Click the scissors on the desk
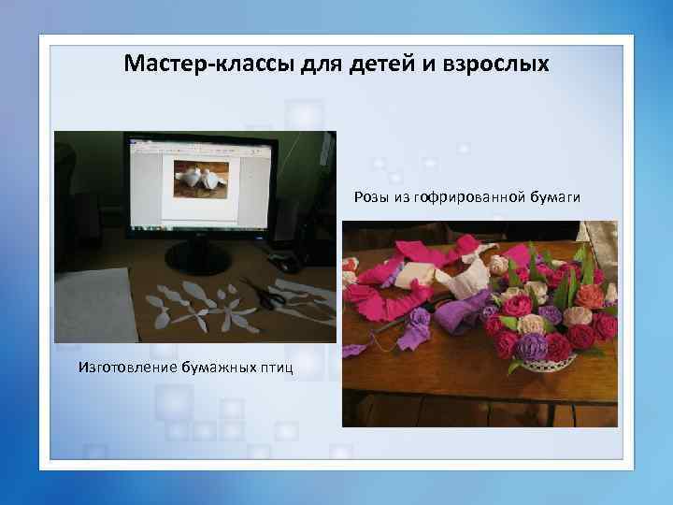263,295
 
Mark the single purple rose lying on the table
418,318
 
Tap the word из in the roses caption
398,196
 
